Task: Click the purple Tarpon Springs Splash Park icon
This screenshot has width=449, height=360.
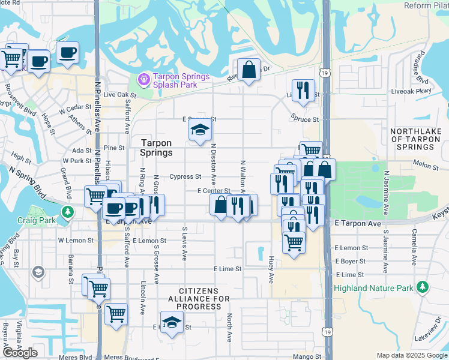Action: [143, 79]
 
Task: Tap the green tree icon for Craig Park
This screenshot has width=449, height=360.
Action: [68, 212]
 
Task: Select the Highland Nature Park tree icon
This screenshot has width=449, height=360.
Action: [423, 287]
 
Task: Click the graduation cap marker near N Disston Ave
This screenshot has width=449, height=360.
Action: [200, 130]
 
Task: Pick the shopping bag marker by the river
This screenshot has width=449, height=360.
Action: [249, 70]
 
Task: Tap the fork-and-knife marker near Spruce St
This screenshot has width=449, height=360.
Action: [303, 91]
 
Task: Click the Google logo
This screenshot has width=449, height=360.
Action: [20, 353]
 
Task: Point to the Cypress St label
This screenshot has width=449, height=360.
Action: [185, 177]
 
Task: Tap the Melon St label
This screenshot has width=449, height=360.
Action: [427, 163]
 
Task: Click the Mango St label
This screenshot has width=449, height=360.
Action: [292, 356]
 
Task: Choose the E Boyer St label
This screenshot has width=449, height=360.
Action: [351, 261]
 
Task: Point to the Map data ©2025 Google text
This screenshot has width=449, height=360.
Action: [412, 355]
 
